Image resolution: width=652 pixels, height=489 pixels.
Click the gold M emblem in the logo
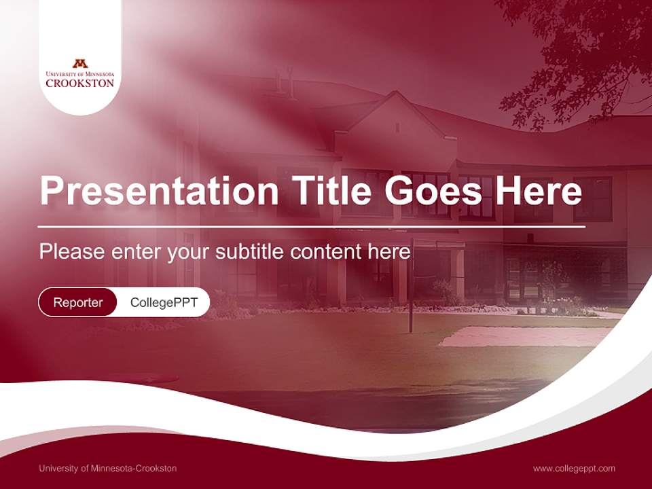point(80,63)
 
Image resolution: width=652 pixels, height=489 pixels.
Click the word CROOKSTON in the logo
point(80,83)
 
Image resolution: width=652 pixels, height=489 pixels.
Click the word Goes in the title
point(434,191)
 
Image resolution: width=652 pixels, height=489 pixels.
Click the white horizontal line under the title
point(312,227)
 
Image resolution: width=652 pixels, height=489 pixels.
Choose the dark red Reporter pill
point(77,302)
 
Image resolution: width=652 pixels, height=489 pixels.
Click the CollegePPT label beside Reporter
point(164,302)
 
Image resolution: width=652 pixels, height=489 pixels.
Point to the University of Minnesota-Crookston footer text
point(107,469)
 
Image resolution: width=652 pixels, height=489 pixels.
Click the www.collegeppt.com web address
point(574,469)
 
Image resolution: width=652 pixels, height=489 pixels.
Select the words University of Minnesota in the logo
point(80,73)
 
